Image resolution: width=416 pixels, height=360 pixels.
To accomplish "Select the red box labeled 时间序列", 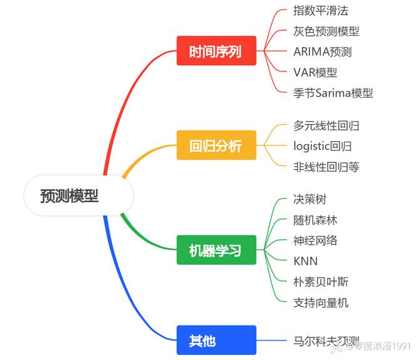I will pos(216,51).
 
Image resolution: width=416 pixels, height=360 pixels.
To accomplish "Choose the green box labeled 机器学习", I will pos(216,250).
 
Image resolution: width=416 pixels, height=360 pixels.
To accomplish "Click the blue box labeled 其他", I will pos(216,341).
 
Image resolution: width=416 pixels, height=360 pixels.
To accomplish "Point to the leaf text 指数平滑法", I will pos(321,11).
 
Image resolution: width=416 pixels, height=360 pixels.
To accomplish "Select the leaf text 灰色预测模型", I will pos(326,31).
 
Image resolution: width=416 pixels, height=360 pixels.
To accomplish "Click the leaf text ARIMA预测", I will pos(323,51).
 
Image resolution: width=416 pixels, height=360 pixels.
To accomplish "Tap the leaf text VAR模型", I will pos(315,72).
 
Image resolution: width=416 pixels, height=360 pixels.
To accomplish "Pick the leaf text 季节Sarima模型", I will pos(333,93).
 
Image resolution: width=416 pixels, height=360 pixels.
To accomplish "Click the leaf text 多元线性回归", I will pos(326,125).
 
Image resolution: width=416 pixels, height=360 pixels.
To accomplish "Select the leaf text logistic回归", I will pos(323,146).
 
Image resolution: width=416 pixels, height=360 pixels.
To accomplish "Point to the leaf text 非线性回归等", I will pos(326,167).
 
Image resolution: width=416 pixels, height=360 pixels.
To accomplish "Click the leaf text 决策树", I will pos(310,199).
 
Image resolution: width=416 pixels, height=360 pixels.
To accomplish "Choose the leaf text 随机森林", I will pos(315,220).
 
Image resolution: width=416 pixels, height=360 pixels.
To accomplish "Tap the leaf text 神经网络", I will pos(315,240).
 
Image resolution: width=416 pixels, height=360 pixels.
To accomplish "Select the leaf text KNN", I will pos(306,262).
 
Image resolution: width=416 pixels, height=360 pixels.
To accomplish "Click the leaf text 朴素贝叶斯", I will pos(321,282).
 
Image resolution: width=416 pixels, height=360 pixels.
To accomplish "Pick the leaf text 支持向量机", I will pos(321,302).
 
